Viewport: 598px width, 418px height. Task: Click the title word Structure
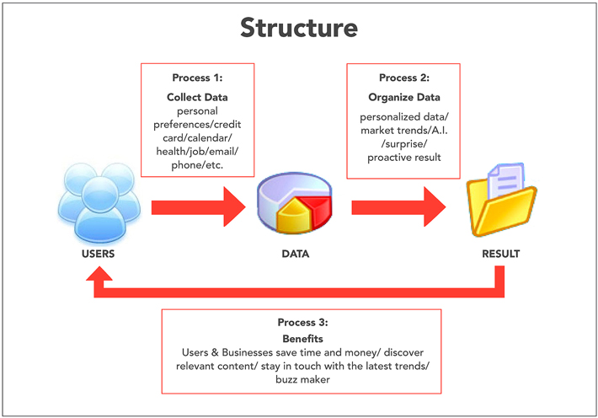pos(299,28)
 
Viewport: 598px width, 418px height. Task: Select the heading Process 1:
pos(197,78)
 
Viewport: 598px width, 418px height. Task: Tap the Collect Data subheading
pos(197,98)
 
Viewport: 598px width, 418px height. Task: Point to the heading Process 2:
pos(404,78)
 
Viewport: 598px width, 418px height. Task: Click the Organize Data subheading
pos(404,98)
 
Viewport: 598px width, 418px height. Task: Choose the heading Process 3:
pos(302,323)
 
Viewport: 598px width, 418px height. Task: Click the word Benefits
pos(302,339)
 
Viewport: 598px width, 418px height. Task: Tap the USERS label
pos(98,254)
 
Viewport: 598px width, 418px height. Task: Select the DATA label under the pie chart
pos(295,254)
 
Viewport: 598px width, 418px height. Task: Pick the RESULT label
pos(501,254)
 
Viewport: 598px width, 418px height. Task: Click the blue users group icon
pos(99,203)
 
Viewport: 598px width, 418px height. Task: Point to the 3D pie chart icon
pos(295,203)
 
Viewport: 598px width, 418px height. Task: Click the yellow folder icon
pos(501,201)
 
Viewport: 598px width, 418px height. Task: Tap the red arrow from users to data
pos(198,207)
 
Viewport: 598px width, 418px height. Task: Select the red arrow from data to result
pos(398,207)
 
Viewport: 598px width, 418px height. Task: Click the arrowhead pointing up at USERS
pos(99,274)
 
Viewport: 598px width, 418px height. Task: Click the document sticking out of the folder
pos(505,180)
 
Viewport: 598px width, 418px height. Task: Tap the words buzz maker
pos(302,379)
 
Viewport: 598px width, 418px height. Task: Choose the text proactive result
pos(404,158)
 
